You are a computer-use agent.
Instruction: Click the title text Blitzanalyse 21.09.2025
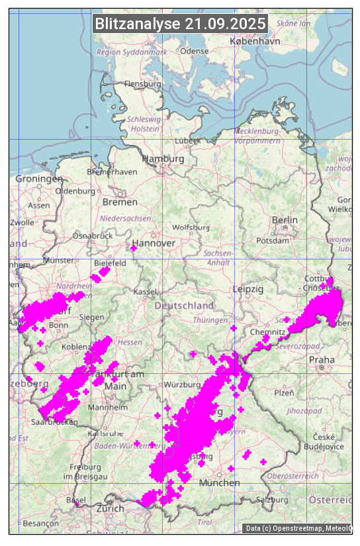tap(180, 24)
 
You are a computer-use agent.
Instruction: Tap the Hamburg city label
tap(163, 159)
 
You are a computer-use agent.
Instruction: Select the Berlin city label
tap(285, 220)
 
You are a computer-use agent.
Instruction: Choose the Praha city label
tap(322, 359)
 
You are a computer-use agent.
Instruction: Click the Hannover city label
tap(154, 243)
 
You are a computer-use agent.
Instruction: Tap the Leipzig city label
tap(248, 289)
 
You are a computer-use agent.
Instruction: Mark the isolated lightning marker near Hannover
tap(133, 248)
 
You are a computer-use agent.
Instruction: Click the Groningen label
tap(39, 179)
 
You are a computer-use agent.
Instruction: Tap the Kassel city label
tap(144, 291)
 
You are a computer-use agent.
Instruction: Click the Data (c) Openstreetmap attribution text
tap(298, 527)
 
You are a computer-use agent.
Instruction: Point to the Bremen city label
tap(120, 202)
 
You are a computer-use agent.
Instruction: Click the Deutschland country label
tap(184, 305)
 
